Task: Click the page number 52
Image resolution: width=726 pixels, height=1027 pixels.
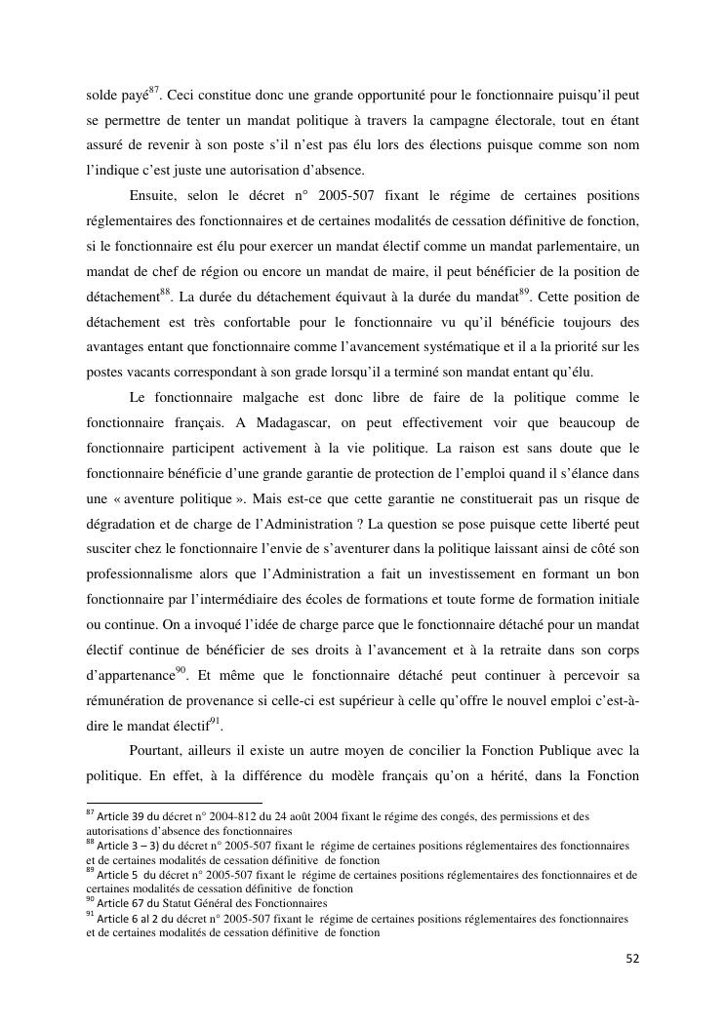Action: click(631, 959)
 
